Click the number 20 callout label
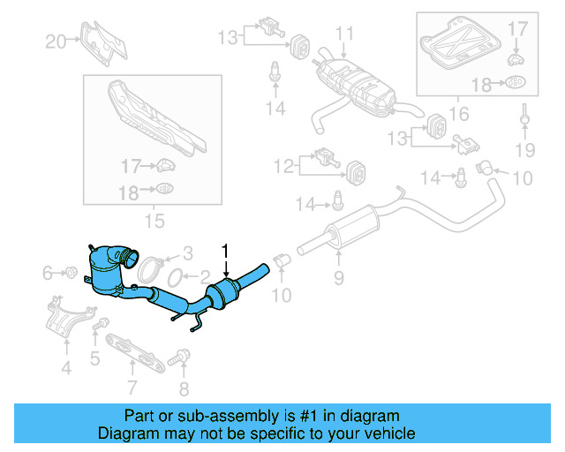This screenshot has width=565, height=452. [56, 41]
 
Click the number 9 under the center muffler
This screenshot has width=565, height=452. [337, 280]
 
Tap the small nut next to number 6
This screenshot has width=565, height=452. [72, 273]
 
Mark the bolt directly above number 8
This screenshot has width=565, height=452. [184, 357]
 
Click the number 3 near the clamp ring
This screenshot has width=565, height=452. [186, 252]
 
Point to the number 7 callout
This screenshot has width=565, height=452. [132, 387]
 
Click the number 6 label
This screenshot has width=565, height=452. [48, 274]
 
